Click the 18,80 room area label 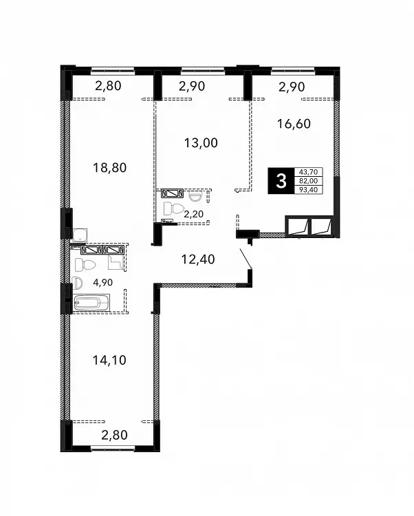110,168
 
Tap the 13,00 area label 201,143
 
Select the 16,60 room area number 294,124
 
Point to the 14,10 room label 109,361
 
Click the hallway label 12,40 198,259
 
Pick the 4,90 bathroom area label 103,282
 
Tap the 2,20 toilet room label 194,214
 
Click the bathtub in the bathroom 91,303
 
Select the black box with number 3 281,181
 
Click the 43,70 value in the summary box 309,172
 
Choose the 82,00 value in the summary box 309,181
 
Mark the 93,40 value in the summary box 309,190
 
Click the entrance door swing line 246,259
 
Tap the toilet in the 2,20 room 174,208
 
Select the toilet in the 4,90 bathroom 85,265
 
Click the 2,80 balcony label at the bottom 114,435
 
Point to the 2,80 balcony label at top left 108,86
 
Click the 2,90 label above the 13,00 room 192,86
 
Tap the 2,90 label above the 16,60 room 292,87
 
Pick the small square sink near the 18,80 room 80,235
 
